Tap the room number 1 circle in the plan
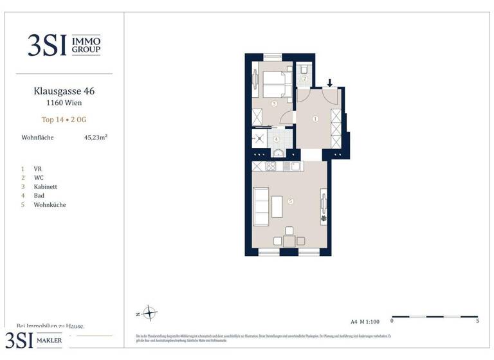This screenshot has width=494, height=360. coord(315,119)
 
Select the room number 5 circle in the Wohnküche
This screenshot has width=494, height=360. coord(291,201)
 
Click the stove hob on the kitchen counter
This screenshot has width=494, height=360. coord(271,166)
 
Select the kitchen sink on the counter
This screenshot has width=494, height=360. coord(294,166)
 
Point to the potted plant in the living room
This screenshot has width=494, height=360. coord(324,219)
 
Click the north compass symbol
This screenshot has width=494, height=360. coord(149,314)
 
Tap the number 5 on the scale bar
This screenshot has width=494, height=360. coord(477,320)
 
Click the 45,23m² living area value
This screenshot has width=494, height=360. coord(95,137)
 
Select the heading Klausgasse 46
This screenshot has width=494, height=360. coord(64,91)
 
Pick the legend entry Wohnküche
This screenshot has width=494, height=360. coord(50,205)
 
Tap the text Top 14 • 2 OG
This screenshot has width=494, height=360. coord(64,119)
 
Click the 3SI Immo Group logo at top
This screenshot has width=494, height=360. coord(64,44)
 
